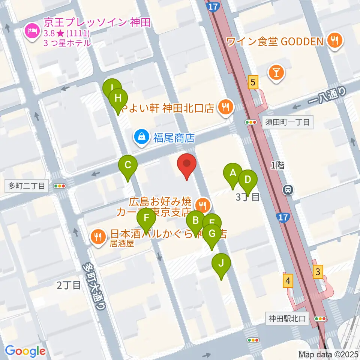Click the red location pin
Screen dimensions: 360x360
[186, 165]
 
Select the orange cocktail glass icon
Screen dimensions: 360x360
[276, 72]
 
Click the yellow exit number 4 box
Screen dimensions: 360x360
[288, 281]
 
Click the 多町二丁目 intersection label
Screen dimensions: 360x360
[25, 186]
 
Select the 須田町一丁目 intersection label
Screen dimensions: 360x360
[287, 122]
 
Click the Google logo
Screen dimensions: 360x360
[25, 351]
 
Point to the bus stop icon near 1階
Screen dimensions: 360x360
[288, 190]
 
